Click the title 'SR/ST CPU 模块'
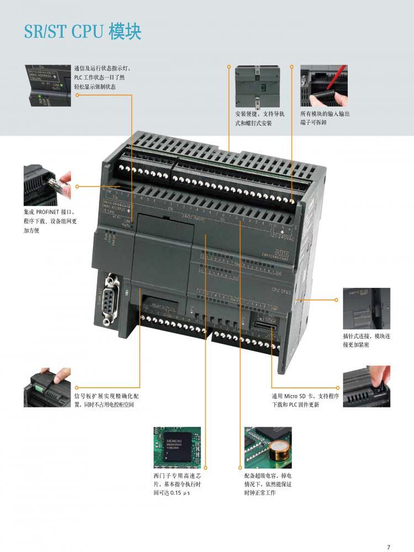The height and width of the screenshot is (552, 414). tap(83, 31)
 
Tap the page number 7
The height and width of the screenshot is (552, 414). tap(389, 547)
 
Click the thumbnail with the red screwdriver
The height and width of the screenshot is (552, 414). tap(323, 86)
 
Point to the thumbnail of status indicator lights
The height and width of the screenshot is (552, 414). tap(47, 86)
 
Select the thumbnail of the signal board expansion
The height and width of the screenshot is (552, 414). tap(47, 387)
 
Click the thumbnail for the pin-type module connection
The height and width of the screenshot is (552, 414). tap(367, 308)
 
